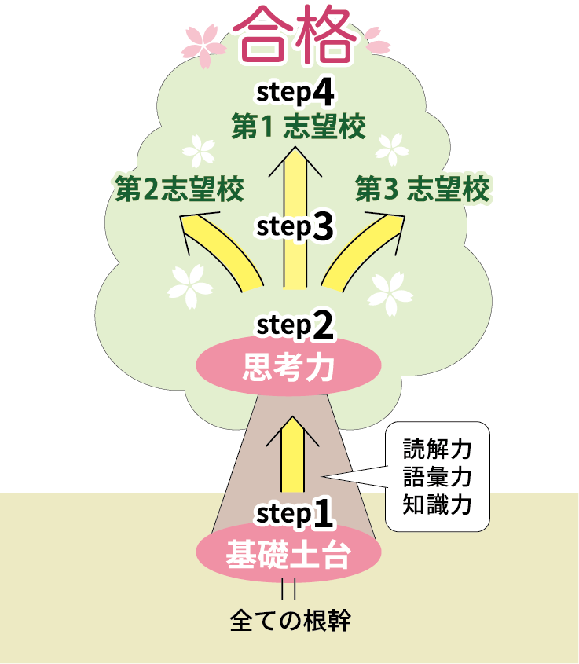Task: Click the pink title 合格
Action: (291, 38)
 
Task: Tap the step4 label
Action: (295, 92)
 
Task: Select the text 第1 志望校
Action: (299, 127)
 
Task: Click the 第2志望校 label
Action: (179, 189)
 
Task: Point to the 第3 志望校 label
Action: (422, 189)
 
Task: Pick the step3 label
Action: (295, 226)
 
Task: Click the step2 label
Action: (295, 324)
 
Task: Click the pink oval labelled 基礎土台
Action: (288, 555)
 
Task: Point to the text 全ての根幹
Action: (290, 621)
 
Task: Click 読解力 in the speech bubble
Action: (437, 449)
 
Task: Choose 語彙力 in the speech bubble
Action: (437, 476)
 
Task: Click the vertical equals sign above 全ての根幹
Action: (289, 589)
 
